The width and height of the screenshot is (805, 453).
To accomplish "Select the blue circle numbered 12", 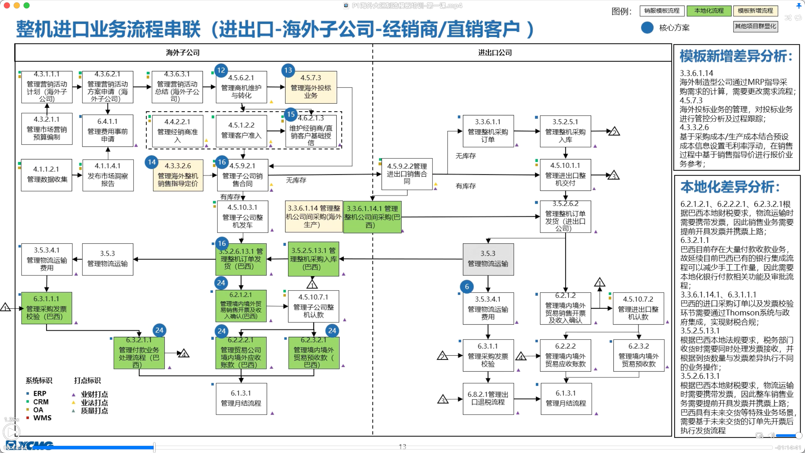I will [x=221, y=70].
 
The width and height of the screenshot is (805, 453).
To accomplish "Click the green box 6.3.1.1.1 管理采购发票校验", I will [x=46, y=308].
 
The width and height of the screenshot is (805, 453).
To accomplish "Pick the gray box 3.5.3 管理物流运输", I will [x=488, y=259].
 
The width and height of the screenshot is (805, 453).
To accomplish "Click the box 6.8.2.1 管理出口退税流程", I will [x=488, y=399].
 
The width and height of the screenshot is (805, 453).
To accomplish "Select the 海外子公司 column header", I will [x=183, y=53].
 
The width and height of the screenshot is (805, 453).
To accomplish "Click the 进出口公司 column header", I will [x=495, y=53].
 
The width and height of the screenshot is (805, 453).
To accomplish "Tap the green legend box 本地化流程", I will [x=709, y=11].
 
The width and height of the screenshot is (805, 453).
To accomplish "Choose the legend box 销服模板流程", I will [x=662, y=11].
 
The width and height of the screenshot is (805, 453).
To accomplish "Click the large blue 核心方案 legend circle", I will [x=647, y=28].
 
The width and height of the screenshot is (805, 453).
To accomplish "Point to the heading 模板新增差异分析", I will [x=736, y=56].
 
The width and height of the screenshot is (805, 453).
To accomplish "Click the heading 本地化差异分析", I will [x=730, y=187].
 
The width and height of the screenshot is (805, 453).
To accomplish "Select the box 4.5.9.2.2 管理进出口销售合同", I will [x=407, y=174].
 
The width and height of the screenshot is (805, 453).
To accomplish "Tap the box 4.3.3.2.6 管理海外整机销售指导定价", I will [x=178, y=175].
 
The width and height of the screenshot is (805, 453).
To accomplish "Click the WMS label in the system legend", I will [x=42, y=418].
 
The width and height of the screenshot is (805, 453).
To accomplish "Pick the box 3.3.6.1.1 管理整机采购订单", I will [x=488, y=131].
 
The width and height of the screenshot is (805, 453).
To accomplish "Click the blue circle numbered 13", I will [x=288, y=70].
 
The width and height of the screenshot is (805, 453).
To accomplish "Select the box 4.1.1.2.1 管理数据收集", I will [x=46, y=175].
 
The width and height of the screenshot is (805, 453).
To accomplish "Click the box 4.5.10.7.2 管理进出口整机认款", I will [x=638, y=308].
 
